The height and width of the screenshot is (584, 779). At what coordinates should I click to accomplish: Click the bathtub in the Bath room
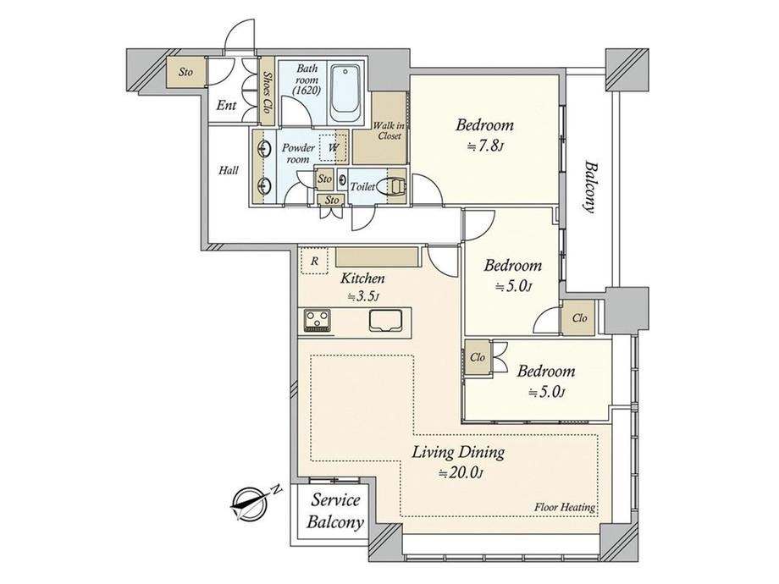[x=345, y=93]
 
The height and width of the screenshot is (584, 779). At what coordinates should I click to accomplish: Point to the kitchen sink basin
[x=385, y=320]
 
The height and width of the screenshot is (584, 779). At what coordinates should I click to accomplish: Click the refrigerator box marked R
[x=314, y=261]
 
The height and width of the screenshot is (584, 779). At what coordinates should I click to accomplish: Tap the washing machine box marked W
[x=334, y=147]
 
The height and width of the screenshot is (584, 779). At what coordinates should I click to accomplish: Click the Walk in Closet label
[x=389, y=130]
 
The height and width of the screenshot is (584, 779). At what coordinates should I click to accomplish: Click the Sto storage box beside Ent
[x=185, y=72]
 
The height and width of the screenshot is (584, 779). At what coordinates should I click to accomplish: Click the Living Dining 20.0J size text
[x=460, y=473]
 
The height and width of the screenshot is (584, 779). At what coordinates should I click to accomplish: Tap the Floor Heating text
[x=565, y=508]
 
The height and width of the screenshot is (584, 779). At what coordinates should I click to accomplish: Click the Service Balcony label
[x=334, y=511]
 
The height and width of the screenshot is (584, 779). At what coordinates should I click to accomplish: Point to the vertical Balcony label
[x=589, y=186]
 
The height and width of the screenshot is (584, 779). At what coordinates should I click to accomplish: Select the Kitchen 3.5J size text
[x=363, y=297]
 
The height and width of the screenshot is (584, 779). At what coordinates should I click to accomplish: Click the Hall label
[x=229, y=170]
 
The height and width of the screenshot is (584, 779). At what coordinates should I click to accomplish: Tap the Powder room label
[x=298, y=153]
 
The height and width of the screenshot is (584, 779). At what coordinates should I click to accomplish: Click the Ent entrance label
[x=227, y=105]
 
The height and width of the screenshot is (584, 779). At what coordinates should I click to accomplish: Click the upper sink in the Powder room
[x=263, y=148]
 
